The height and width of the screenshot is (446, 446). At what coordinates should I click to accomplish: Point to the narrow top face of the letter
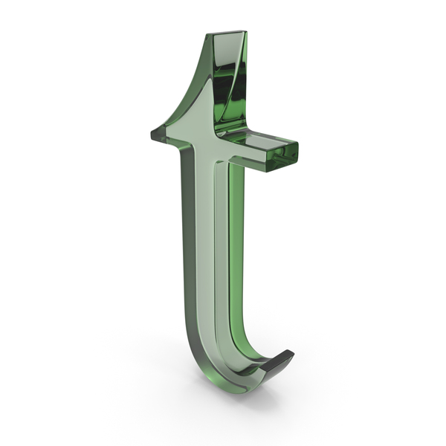pyautogui.click(x=227, y=32)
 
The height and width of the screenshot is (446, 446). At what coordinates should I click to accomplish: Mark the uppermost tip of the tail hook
pyautogui.click(x=289, y=350)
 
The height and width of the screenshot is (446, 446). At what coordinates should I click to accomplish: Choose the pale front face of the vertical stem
pyautogui.click(x=205, y=242)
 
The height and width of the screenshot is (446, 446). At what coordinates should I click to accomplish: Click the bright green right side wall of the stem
pyautogui.click(x=236, y=242)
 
